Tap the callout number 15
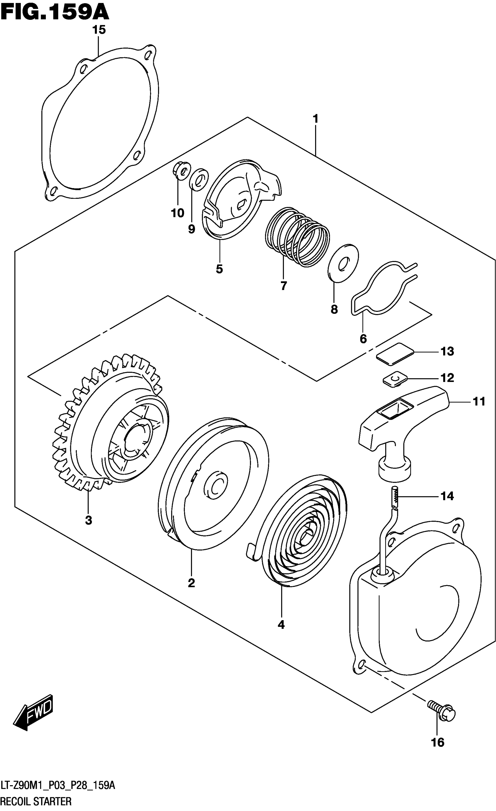(x=99, y=30)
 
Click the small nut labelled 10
(x=181, y=170)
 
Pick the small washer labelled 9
(x=199, y=179)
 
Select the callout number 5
(x=219, y=269)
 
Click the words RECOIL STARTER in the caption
(x=36, y=801)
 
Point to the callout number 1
(x=315, y=119)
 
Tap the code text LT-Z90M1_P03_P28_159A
(x=57, y=786)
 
